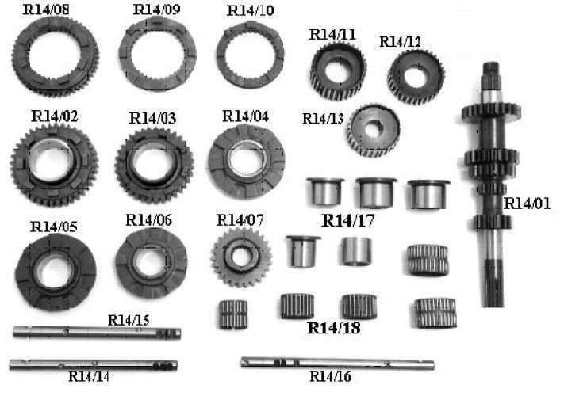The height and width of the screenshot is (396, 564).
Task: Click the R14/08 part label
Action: coord(46,10)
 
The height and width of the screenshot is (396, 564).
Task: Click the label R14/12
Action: coord(400,42)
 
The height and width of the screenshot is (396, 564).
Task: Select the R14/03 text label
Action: coord(152,118)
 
